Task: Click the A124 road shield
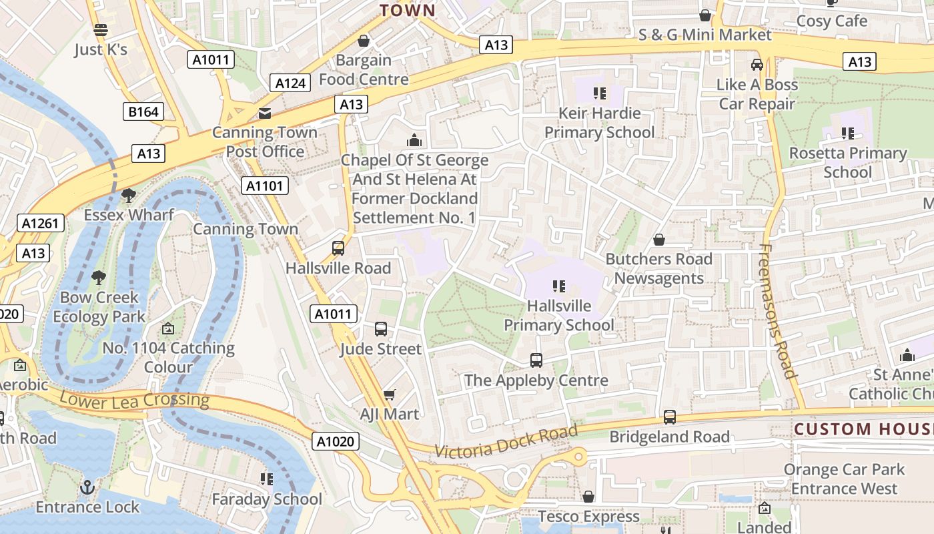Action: pyautogui.click(x=290, y=83)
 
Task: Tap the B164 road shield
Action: pyautogui.click(x=143, y=111)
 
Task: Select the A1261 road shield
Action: pyautogui.click(x=41, y=223)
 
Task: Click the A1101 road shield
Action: pyautogui.click(x=265, y=186)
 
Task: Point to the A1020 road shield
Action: pyautogui.click(x=336, y=441)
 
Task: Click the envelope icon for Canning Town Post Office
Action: pyautogui.click(x=265, y=113)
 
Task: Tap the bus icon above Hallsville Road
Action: pyautogui.click(x=338, y=248)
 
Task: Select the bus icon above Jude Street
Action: pyautogui.click(x=381, y=329)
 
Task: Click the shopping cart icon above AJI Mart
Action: pyautogui.click(x=390, y=394)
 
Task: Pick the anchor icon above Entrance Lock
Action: pyautogui.click(x=87, y=487)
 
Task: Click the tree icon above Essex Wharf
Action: pyautogui.click(x=128, y=196)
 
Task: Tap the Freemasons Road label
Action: pyautogui.click(x=777, y=310)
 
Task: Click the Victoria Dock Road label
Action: pyautogui.click(x=505, y=442)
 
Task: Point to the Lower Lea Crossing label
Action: pyautogui.click(x=134, y=400)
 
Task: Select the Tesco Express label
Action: pyautogui.click(x=588, y=517)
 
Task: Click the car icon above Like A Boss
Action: pyautogui.click(x=757, y=65)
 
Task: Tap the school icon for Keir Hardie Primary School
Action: pyautogui.click(x=599, y=93)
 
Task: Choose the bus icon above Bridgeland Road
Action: pyautogui.click(x=670, y=417)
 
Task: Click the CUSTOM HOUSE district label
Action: pyautogui.click(x=863, y=429)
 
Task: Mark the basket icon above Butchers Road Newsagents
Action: pyautogui.click(x=659, y=240)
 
